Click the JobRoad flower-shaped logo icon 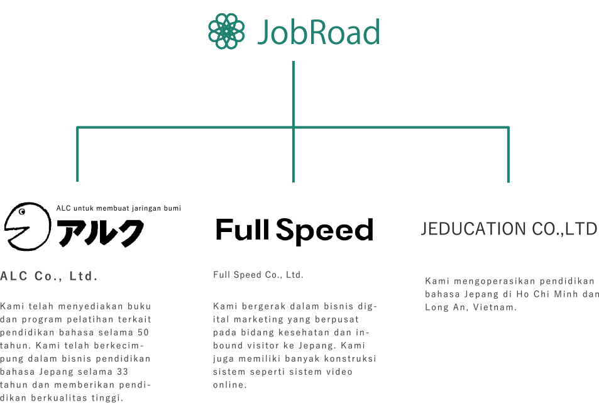point(226,31)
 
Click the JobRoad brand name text point(319,32)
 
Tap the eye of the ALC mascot point(22,211)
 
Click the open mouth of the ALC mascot point(17,230)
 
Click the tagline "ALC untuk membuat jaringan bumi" point(119,208)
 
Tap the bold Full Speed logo point(295,230)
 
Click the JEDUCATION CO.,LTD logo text point(509,229)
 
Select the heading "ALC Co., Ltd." point(49,276)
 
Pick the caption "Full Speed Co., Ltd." point(258,275)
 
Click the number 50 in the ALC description point(143,333)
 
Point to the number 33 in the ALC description point(123,372)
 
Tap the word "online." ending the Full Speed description point(230,385)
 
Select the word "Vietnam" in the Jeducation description point(493,307)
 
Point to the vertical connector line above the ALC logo point(77,154)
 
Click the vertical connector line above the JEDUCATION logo point(508,155)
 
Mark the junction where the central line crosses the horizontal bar point(294,127)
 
